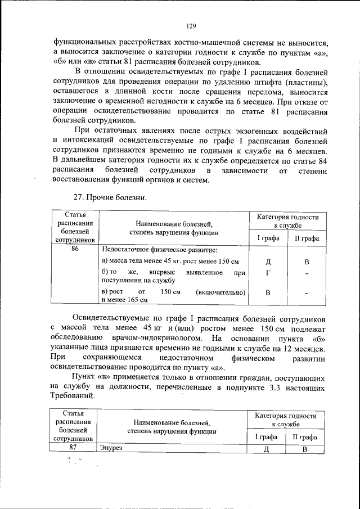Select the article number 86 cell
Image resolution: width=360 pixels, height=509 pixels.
tap(75, 249)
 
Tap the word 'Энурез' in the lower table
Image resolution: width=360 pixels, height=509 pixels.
tap(111, 448)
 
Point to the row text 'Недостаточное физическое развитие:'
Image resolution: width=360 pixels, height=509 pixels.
tap(159, 250)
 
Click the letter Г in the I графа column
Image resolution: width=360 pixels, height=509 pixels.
tap(268, 272)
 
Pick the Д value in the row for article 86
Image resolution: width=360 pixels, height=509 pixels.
tap(268, 262)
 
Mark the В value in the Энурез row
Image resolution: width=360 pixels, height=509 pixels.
tap(304, 449)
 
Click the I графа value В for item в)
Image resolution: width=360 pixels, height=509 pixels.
tap(268, 292)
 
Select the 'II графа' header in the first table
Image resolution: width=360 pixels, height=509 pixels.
tap(307, 238)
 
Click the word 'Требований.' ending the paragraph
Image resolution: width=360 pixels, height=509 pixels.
tap(73, 395)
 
